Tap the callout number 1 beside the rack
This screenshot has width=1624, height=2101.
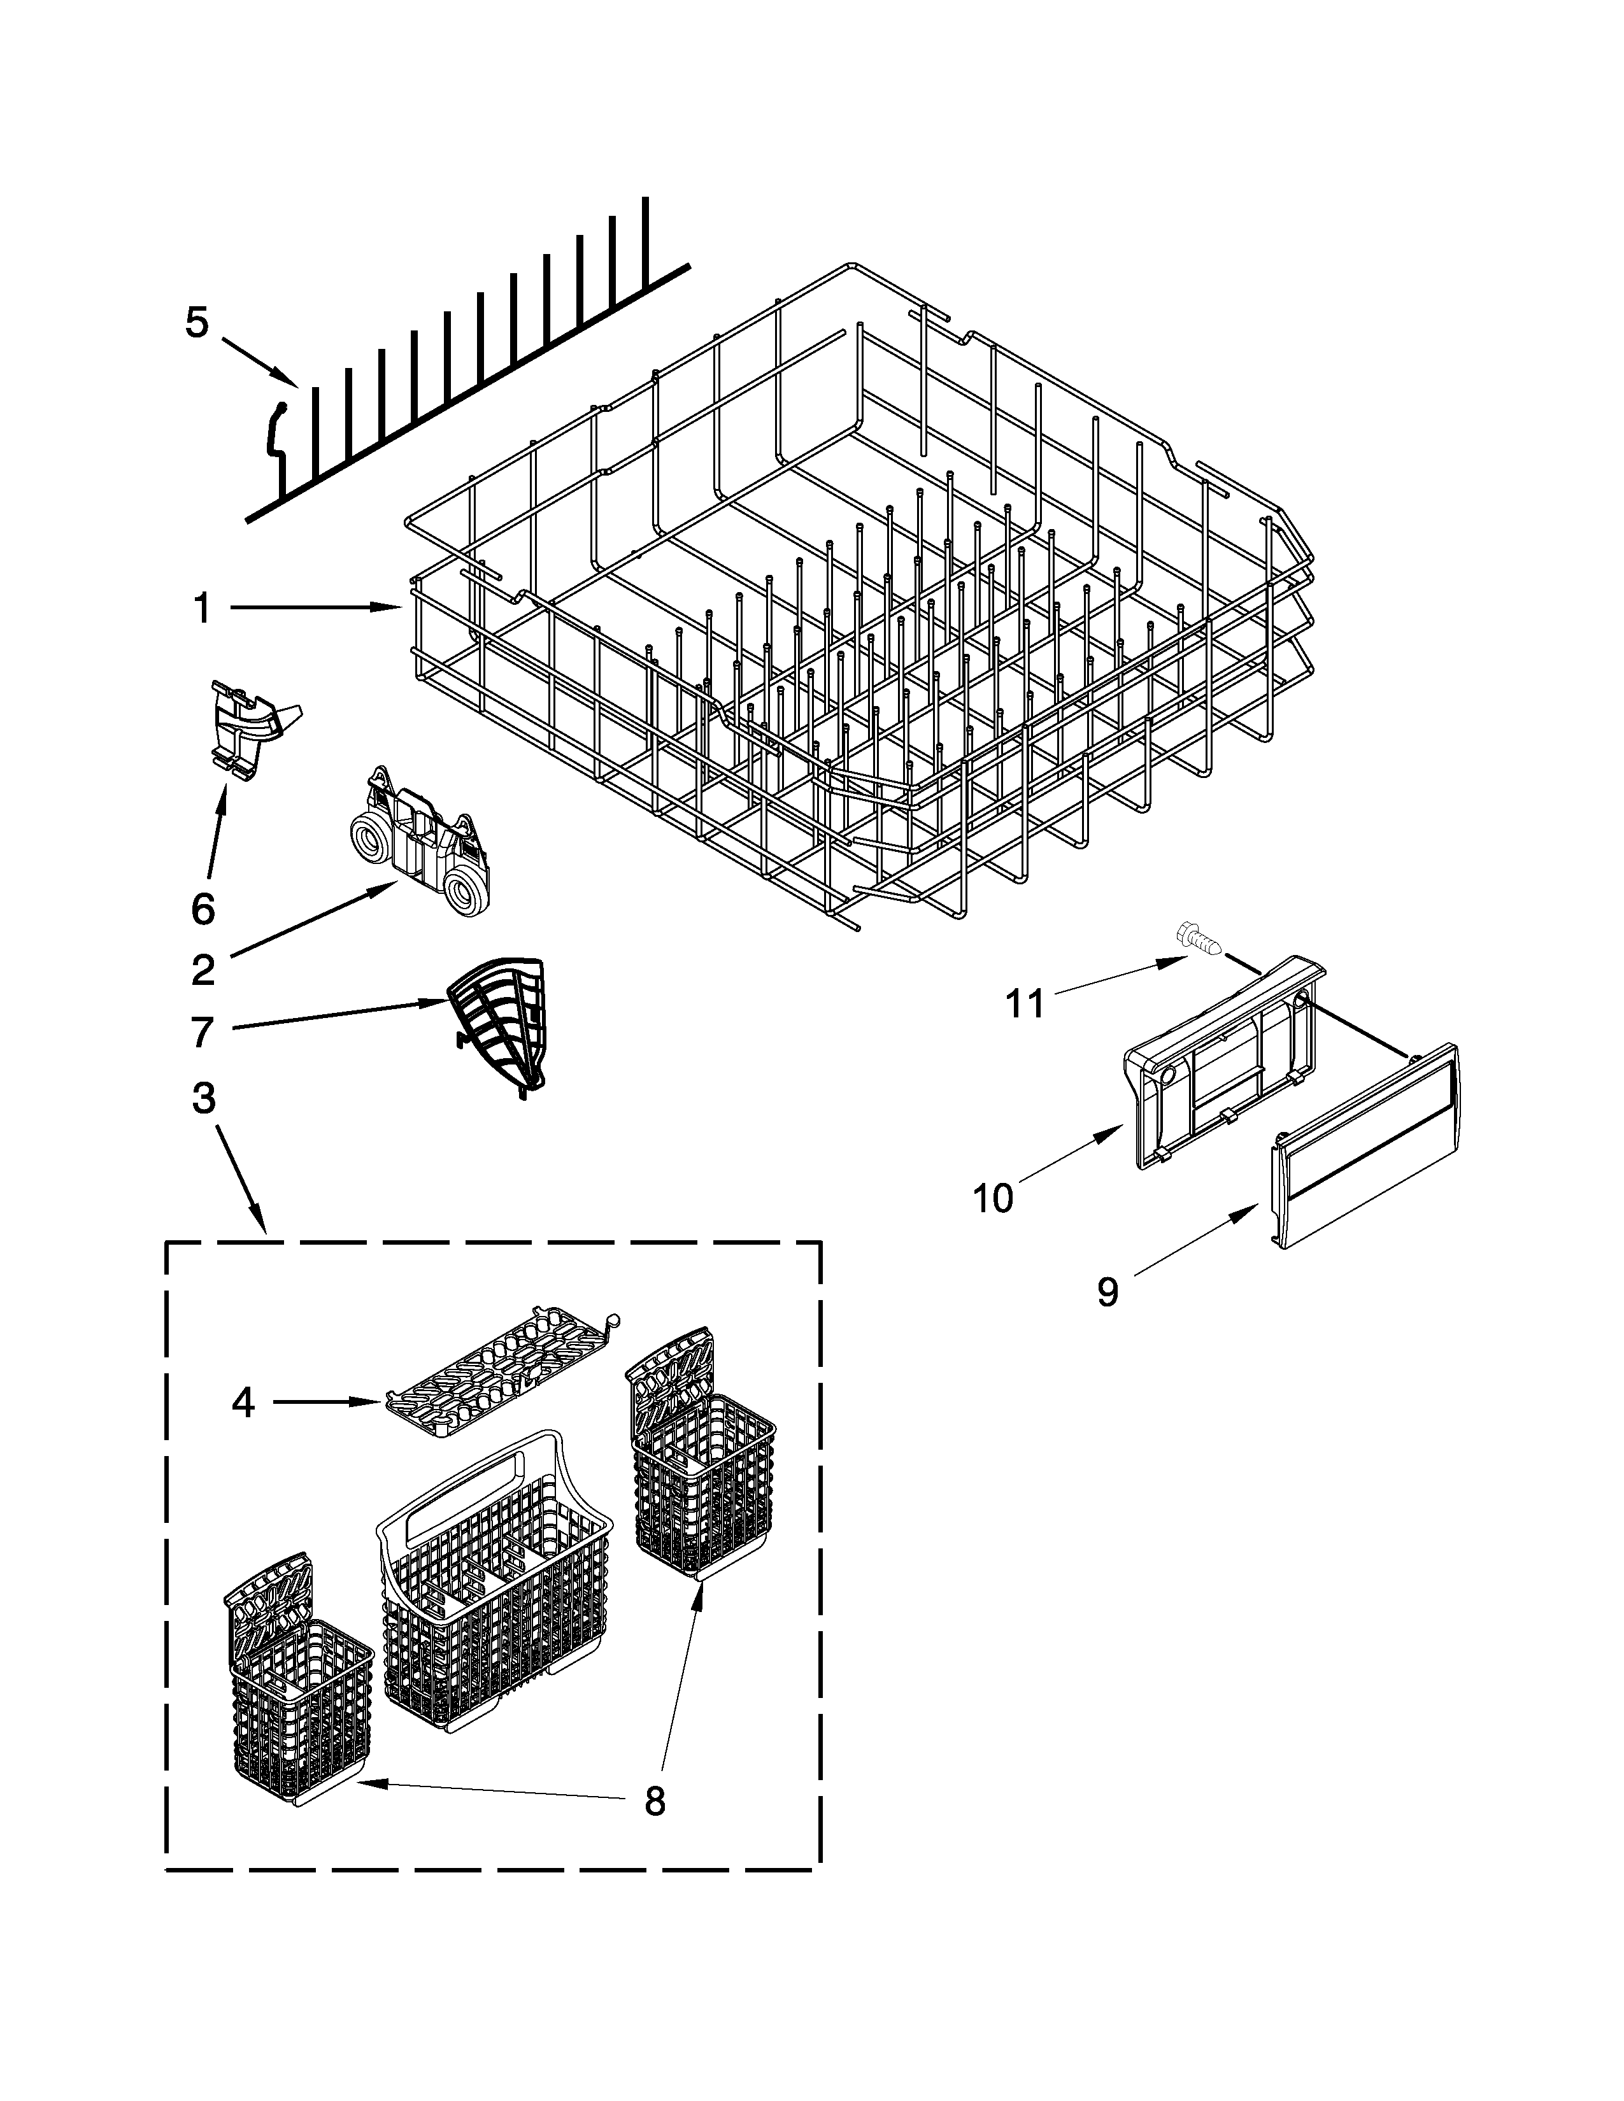(x=202, y=608)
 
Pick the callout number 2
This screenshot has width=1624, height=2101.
(x=203, y=971)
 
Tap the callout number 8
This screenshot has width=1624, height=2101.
(x=654, y=1801)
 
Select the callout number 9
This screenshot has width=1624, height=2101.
(x=1108, y=1292)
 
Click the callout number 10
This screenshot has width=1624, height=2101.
(x=993, y=1199)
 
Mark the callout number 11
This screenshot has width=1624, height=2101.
(x=1025, y=1004)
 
